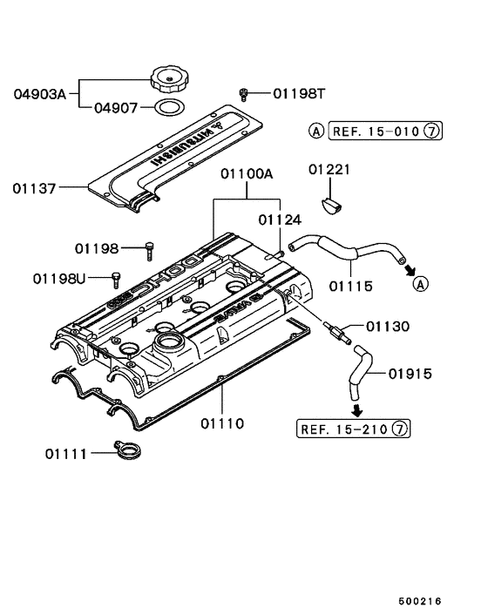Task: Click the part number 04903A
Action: click(x=41, y=92)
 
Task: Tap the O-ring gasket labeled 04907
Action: click(x=167, y=108)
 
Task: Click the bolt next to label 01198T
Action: click(x=245, y=92)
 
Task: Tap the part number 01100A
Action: click(x=246, y=174)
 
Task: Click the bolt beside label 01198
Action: click(x=149, y=248)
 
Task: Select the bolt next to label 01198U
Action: click(x=114, y=279)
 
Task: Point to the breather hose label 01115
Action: click(x=350, y=285)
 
